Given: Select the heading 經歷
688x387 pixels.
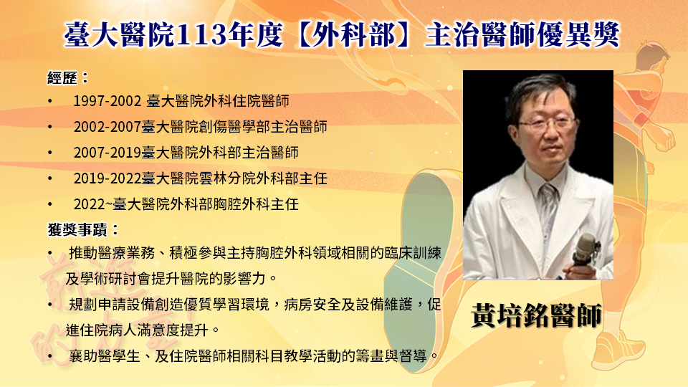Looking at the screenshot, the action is click(x=62, y=78).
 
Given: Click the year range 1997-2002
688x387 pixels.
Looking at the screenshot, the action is click(x=107, y=101).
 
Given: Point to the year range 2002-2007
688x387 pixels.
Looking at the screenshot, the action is click(x=107, y=128).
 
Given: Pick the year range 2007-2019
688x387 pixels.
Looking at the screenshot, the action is click(x=107, y=153).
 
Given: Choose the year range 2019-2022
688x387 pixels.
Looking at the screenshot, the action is click(x=107, y=178).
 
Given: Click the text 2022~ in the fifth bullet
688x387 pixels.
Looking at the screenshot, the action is click(x=93, y=204).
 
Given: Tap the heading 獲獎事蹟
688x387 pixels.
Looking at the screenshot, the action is click(x=77, y=229).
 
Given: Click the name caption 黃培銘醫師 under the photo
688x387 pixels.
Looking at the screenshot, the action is click(x=536, y=315).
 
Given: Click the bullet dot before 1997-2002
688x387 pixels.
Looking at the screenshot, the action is click(x=50, y=102).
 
